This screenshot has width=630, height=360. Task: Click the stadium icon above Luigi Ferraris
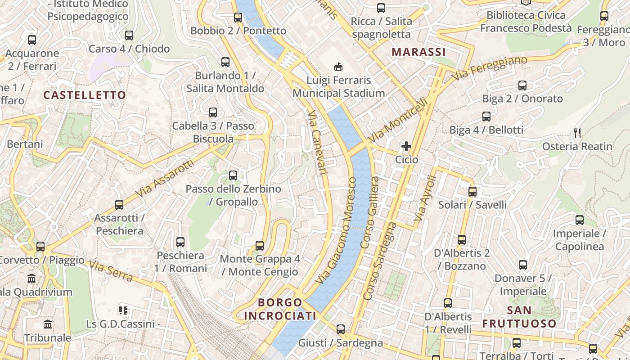pyautogui.click(x=338, y=67)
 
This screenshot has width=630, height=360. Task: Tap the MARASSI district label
pyautogui.click(x=418, y=52)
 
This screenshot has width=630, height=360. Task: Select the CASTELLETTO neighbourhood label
pyautogui.click(x=85, y=95)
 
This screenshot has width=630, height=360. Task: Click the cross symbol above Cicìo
pyautogui.click(x=406, y=146)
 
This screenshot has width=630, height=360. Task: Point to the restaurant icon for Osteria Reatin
pyautogui.click(x=577, y=133)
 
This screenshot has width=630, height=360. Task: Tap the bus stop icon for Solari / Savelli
pyautogui.click(x=472, y=191)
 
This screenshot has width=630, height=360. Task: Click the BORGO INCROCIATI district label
pyautogui.click(x=280, y=309)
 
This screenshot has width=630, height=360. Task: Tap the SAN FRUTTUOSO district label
pyautogui.click(x=519, y=317)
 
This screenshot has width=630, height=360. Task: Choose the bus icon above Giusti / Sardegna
pyautogui.click(x=341, y=329)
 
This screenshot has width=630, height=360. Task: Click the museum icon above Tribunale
pyautogui.click(x=48, y=324)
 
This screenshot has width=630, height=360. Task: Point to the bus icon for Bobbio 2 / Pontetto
pyautogui.click(x=238, y=18)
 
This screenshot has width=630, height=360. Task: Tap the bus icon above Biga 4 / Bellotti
pyautogui.click(x=486, y=117)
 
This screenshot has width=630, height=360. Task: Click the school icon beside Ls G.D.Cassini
pyautogui.click(x=123, y=310)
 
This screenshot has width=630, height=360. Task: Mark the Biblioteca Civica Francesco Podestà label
pyautogui.click(x=526, y=22)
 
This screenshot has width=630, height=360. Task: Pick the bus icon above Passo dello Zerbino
pyautogui.click(x=233, y=175)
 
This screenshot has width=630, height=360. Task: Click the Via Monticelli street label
pyautogui.click(x=397, y=120)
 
